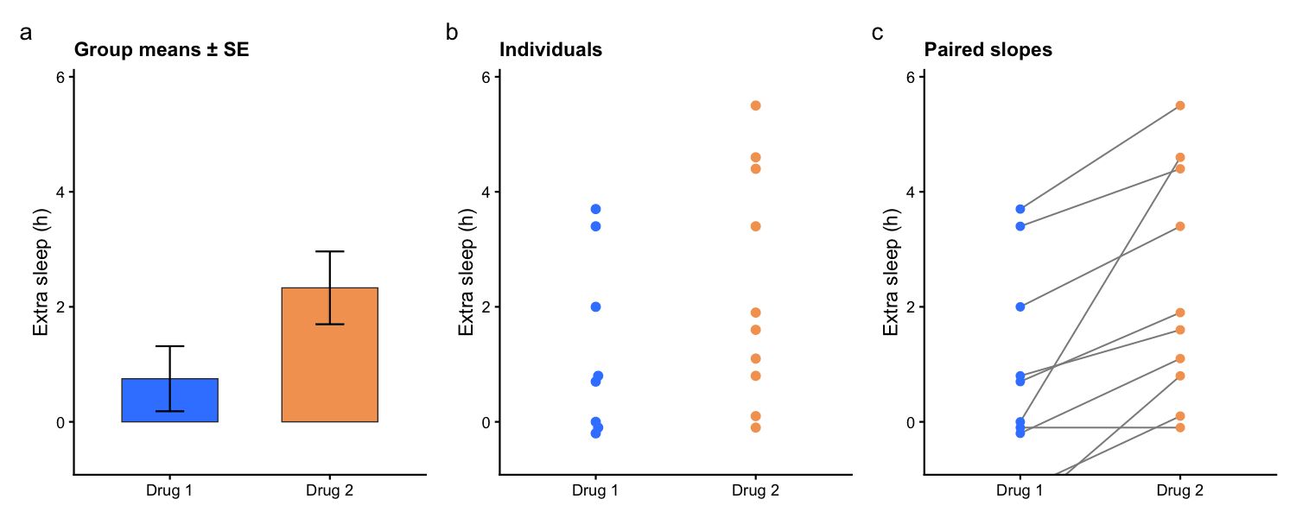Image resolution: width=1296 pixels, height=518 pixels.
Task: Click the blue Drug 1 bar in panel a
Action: (x=169, y=400)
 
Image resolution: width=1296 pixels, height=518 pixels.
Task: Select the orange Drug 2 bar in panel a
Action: (x=330, y=354)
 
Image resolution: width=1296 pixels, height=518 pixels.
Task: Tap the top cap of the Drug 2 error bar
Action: (x=330, y=251)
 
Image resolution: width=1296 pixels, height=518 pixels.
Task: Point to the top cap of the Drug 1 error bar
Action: (x=170, y=346)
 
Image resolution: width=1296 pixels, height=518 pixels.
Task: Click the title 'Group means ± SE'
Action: (x=162, y=50)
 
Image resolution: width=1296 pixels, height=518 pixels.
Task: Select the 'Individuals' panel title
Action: (x=551, y=50)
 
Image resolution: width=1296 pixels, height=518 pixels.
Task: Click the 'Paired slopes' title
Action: (x=988, y=50)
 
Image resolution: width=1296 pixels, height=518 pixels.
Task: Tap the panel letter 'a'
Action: (x=25, y=33)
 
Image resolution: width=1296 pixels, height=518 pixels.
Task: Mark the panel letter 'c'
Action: (x=877, y=33)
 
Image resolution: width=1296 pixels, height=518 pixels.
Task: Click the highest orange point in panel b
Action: (x=756, y=106)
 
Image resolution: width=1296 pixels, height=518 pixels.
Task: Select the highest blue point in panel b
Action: (x=595, y=209)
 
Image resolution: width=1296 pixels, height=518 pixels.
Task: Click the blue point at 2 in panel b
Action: (x=595, y=307)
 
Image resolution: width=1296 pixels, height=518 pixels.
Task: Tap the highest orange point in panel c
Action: (x=1180, y=106)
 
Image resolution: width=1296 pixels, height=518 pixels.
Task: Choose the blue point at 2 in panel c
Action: (x=1020, y=307)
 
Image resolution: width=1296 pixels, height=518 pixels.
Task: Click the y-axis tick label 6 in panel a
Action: (x=60, y=77)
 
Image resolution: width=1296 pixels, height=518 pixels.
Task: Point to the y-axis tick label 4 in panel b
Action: (x=486, y=192)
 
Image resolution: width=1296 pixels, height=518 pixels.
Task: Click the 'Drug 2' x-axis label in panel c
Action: (x=1180, y=491)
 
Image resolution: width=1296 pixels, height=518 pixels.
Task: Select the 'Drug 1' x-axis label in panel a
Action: (x=169, y=491)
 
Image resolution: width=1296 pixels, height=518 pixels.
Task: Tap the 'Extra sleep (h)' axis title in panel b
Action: (x=467, y=272)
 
